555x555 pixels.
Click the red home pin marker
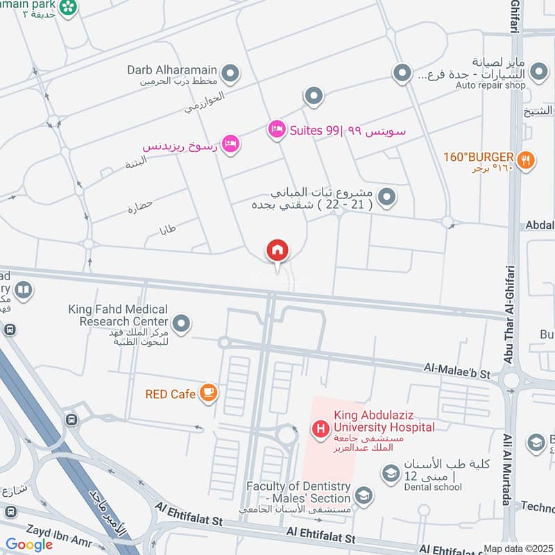click(277, 250)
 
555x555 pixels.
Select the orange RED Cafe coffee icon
click(207, 393)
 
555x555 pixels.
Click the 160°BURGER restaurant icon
click(527, 158)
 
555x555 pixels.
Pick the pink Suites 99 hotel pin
click(277, 130)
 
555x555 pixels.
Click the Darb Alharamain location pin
click(230, 72)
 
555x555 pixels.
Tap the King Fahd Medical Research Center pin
click(181, 323)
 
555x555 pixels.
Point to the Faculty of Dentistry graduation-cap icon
click(363, 495)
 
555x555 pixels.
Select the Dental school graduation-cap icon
click(391, 473)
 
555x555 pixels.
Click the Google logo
click(29, 545)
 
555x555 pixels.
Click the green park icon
click(68, 7)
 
